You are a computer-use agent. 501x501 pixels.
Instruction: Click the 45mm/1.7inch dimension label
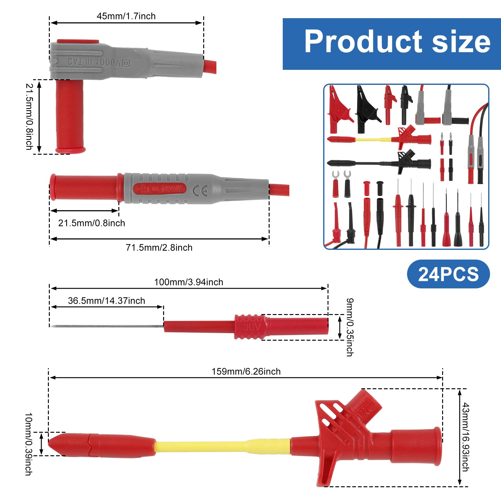pyautogui.click(x=126, y=16)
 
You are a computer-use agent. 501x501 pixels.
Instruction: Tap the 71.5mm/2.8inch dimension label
pyautogui.click(x=159, y=247)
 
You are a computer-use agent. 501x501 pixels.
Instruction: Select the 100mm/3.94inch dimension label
pyautogui.click(x=189, y=282)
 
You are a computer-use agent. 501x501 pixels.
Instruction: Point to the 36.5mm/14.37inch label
pyautogui.click(x=106, y=301)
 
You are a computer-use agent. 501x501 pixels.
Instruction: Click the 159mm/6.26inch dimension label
pyautogui.click(x=246, y=371)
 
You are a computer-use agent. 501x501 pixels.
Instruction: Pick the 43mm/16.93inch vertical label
pyautogui.click(x=466, y=437)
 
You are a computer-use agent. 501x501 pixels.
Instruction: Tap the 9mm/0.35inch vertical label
pyautogui.click(x=350, y=327)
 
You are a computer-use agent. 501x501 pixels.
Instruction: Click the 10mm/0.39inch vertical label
pyautogui.click(x=28, y=444)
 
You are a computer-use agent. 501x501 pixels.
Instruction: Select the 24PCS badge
pyautogui.click(x=448, y=274)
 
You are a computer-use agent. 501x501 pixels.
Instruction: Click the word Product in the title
pyautogui.click(x=363, y=41)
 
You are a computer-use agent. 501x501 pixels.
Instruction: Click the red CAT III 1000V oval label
pyautogui.click(x=160, y=189)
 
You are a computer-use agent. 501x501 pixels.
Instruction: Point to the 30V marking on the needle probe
pyautogui.click(x=251, y=327)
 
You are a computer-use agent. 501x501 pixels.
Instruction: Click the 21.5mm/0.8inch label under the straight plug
pyautogui.click(x=91, y=223)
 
